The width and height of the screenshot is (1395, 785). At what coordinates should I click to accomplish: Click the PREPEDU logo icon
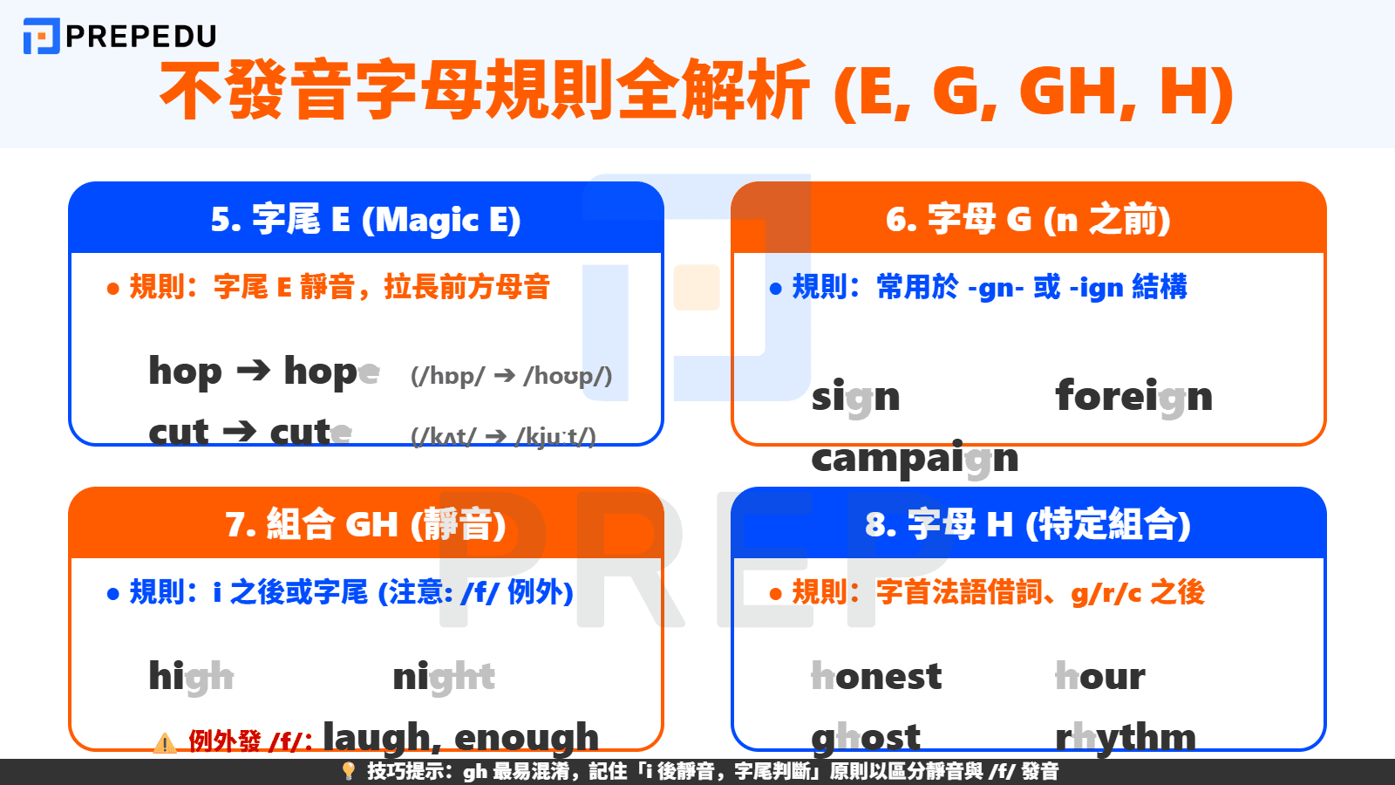[41, 36]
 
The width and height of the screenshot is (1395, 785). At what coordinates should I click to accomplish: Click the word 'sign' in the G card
[855, 398]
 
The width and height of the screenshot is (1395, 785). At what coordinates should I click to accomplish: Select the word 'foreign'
[1133, 397]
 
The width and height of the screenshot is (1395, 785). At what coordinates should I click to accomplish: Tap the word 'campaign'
[915, 459]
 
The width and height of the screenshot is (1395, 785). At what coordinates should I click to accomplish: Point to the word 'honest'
[876, 677]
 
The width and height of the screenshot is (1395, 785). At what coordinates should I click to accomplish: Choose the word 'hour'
[1100, 677]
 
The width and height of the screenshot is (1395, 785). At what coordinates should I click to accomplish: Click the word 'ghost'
[866, 738]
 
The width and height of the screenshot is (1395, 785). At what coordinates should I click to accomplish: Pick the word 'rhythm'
[1126, 738]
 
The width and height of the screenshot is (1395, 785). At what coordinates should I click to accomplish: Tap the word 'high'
[191, 677]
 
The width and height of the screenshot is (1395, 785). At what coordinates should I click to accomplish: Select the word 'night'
[444, 677]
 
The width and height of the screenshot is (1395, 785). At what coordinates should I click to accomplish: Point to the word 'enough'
[527, 738]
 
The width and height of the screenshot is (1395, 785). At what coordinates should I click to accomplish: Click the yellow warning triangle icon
[165, 743]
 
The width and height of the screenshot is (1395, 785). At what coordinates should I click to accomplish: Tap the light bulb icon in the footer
[349, 771]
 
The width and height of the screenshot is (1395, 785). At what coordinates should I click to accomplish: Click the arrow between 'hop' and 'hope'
[254, 371]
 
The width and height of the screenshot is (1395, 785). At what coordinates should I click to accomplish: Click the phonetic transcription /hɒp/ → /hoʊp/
[511, 376]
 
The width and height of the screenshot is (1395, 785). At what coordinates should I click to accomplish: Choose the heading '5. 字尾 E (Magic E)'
[365, 220]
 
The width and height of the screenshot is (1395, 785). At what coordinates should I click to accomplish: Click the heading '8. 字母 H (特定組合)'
[1028, 525]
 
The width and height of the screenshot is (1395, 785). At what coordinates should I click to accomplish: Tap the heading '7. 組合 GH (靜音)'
[365, 525]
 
